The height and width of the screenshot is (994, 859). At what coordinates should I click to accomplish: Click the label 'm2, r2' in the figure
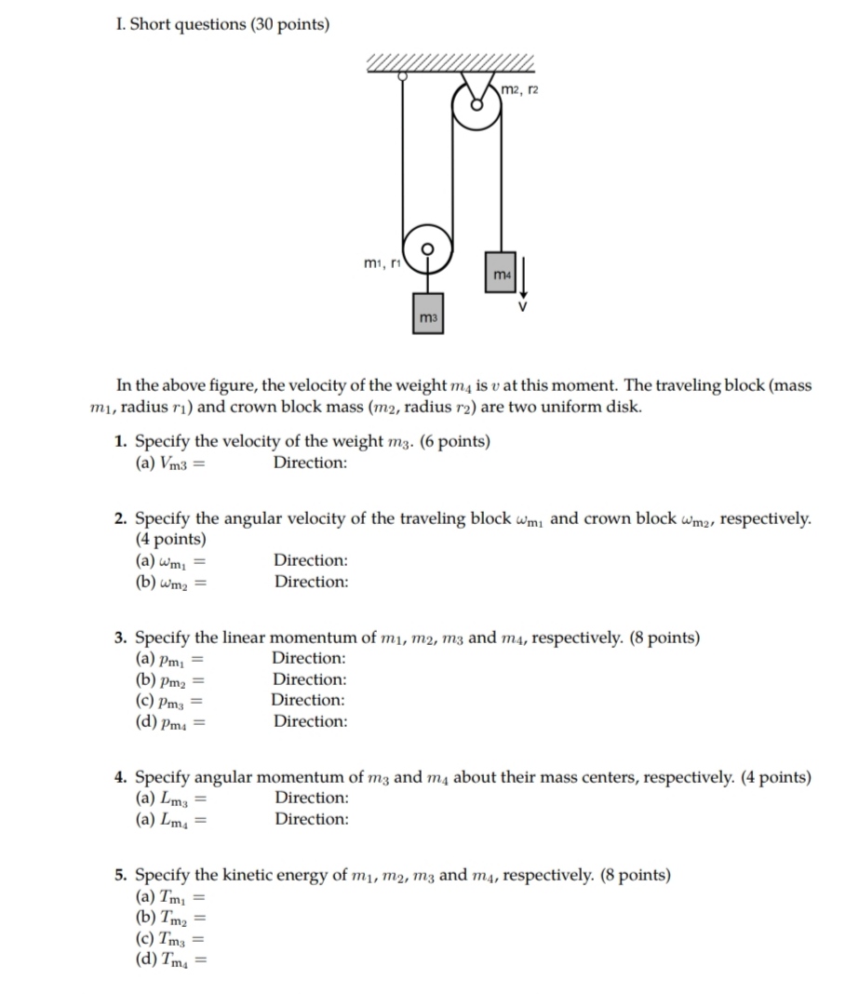click(x=520, y=88)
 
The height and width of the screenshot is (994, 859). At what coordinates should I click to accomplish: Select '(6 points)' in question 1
click(x=455, y=441)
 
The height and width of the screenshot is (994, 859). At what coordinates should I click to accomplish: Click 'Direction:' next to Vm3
click(x=310, y=463)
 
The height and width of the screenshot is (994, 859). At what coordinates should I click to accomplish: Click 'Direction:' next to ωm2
click(x=311, y=582)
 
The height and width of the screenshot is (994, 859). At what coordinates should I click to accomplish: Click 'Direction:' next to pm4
click(x=310, y=721)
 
